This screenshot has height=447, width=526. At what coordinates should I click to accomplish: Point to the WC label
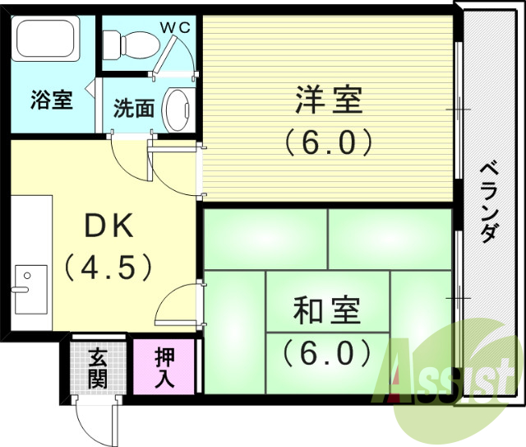tap(174, 26)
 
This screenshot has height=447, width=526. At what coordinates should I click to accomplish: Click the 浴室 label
tap(52, 100)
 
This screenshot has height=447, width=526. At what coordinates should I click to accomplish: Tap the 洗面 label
tap(134, 108)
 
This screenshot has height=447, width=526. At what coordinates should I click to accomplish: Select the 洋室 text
tap(328, 102)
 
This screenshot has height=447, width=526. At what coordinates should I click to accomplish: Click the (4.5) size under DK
tap(109, 267)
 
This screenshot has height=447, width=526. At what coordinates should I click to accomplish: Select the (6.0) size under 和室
tap(326, 353)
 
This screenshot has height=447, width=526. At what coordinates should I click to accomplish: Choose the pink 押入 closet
tap(165, 367)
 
